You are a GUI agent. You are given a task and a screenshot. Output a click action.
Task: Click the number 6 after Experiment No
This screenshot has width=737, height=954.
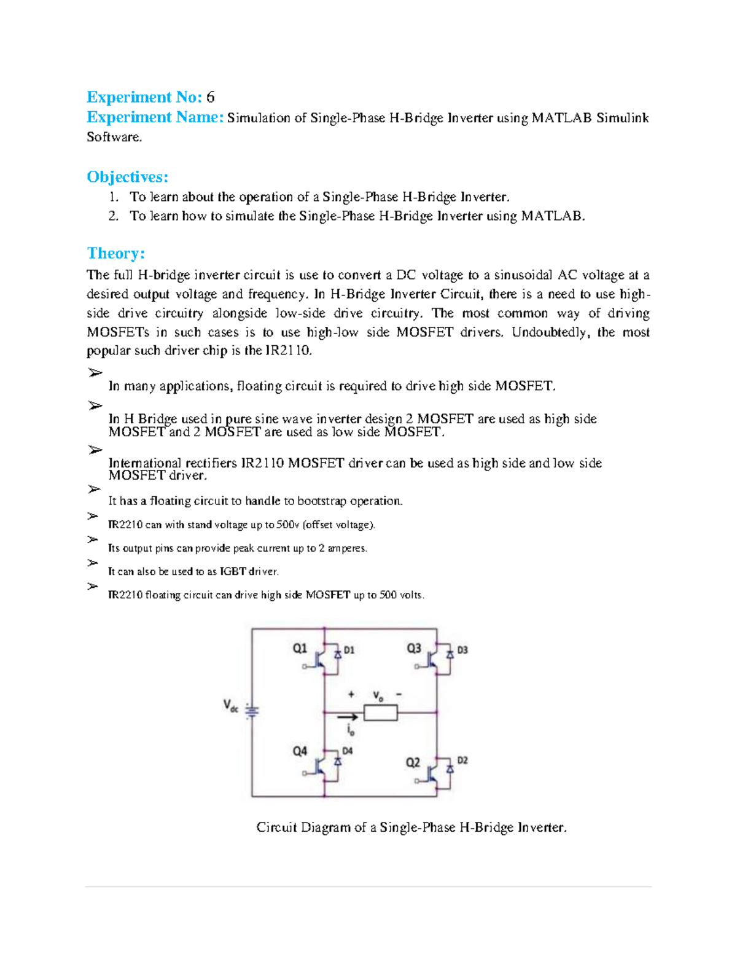pos(211,97)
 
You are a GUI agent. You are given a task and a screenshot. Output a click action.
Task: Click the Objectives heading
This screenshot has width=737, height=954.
pos(127,177)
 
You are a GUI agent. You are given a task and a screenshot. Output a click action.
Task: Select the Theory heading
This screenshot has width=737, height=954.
pos(115,253)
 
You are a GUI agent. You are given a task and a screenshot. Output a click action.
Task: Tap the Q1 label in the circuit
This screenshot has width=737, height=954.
pos(300,648)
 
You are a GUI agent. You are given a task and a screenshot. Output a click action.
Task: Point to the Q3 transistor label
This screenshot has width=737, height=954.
pos(414,648)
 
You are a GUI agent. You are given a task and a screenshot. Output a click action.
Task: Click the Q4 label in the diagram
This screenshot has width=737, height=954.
pos(300,751)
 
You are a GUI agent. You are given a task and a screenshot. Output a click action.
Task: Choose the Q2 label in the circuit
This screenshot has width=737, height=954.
pos(413,762)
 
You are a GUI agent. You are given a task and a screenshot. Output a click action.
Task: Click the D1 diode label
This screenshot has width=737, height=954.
pos(349,650)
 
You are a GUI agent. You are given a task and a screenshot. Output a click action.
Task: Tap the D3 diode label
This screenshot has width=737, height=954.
pos(462,650)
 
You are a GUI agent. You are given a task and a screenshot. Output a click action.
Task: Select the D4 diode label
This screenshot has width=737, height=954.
pos(348,751)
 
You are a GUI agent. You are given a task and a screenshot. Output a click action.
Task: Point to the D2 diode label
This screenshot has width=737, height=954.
pos(462,760)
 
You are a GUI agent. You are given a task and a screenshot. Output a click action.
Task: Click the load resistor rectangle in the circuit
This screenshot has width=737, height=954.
pos(381,713)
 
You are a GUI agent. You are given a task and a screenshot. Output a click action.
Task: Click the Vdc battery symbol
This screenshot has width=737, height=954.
pos(252,711)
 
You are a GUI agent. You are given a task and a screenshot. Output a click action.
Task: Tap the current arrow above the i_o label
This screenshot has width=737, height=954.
pos(348,716)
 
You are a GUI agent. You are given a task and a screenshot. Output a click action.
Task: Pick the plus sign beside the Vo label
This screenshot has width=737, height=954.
pos(351,694)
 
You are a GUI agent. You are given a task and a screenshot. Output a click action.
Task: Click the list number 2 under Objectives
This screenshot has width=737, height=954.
pos(113,216)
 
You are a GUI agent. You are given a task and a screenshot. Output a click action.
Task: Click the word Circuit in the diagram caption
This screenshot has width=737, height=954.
pos(276,827)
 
